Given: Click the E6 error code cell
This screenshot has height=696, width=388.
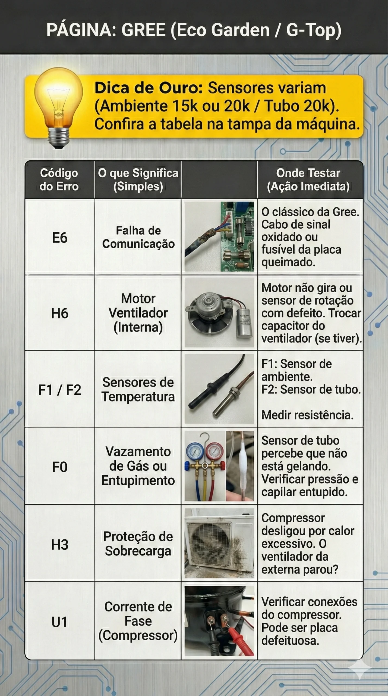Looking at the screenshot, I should click(59, 238).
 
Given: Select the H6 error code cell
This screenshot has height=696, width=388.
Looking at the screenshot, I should click(59, 313).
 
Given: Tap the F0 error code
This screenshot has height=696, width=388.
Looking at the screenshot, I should click(59, 467).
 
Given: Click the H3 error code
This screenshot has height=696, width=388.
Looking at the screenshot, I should click(59, 545).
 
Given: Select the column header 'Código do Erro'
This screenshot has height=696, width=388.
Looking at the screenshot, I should click(59, 180).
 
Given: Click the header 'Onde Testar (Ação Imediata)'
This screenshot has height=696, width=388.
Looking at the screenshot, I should click(308, 180).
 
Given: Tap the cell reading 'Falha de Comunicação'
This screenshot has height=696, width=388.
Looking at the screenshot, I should click(138, 237).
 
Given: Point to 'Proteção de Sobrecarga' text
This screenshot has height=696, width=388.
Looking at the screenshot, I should click(138, 544).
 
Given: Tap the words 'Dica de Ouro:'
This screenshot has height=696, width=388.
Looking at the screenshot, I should click(149, 88).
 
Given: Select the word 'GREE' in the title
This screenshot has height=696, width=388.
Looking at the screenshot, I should click(143, 30).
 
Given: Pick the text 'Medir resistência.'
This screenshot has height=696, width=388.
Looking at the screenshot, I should click(307, 415).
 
